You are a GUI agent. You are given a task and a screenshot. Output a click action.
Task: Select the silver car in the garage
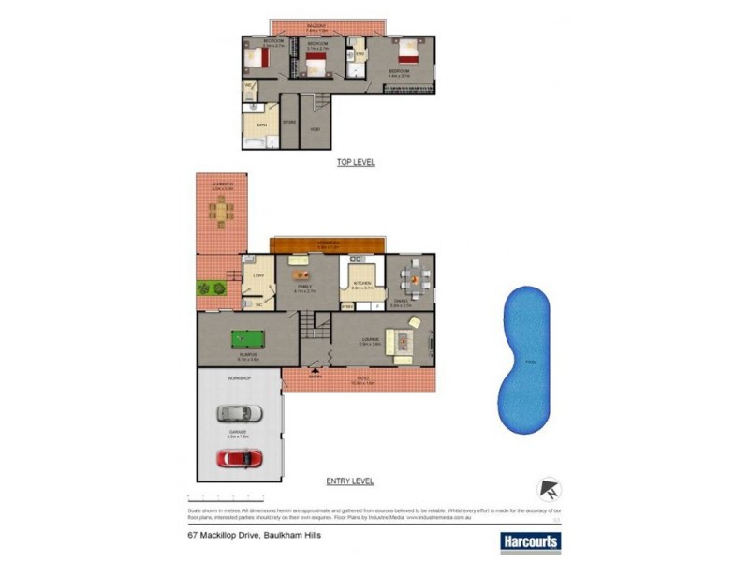[233, 412]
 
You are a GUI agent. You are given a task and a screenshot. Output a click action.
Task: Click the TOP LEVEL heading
[356, 162]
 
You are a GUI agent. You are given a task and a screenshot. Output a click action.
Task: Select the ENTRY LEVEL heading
[350, 481]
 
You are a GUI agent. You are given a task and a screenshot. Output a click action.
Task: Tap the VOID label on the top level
[317, 128]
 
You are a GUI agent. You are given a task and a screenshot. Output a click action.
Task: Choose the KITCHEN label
[361, 283]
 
